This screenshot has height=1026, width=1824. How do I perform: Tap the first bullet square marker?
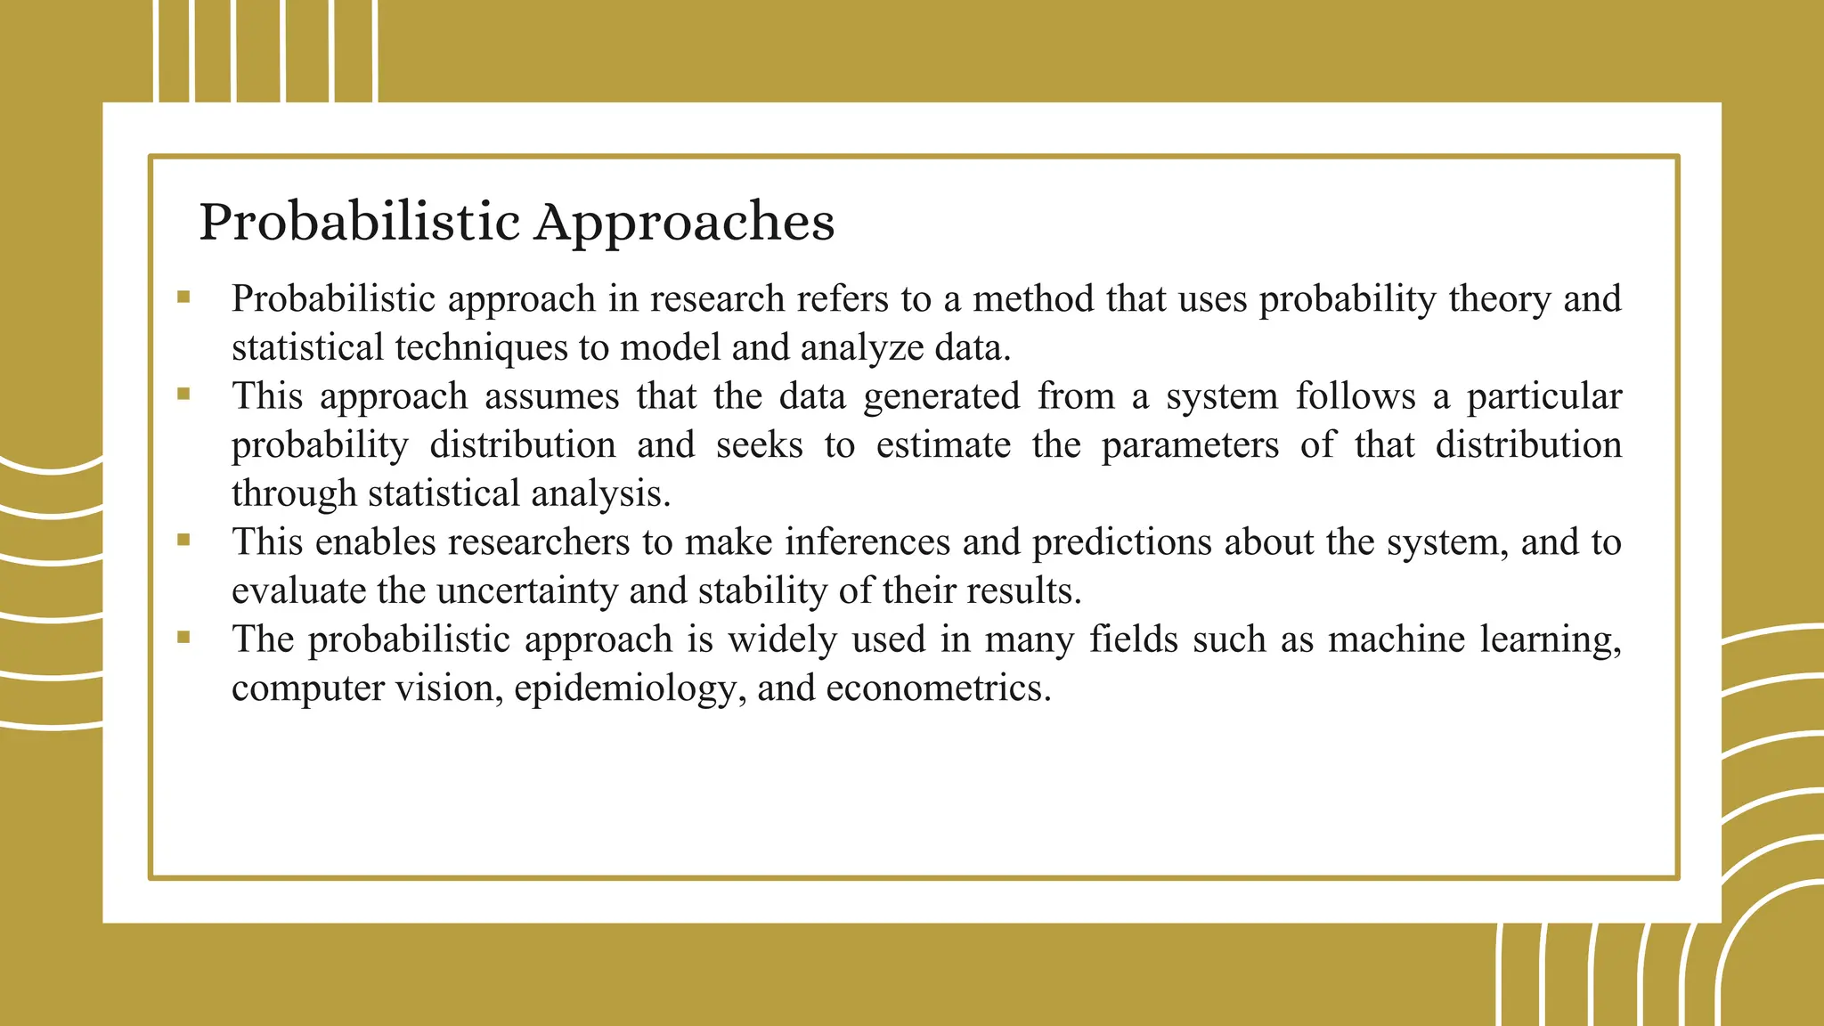click(x=183, y=297)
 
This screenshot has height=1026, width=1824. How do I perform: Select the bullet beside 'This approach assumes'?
click(x=183, y=395)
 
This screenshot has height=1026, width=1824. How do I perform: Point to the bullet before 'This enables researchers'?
click(x=183, y=540)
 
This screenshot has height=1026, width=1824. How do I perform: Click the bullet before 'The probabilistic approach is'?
click(x=183, y=637)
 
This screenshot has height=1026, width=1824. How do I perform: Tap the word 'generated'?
click(x=941, y=396)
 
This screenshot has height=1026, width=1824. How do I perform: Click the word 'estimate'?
click(x=943, y=445)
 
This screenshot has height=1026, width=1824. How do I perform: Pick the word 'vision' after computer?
click(x=449, y=688)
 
